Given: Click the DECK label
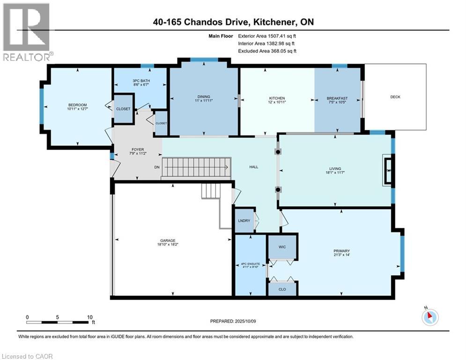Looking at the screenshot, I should [395, 97].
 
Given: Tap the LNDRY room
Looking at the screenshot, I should [244, 220].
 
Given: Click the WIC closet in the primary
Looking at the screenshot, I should [282, 246].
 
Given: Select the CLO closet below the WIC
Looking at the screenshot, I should [282, 289].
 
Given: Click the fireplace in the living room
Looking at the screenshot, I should [388, 171].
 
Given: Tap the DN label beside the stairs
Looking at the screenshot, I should [157, 167].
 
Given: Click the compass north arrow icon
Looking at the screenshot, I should [429, 317].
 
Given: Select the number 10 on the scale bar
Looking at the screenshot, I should [89, 317].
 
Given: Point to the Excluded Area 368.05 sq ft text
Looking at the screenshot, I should [267, 51].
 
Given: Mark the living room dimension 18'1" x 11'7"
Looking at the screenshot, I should [335, 172].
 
